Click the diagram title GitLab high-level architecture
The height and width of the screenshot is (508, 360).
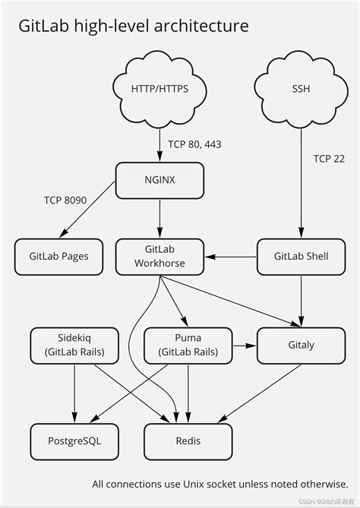pos(133,26)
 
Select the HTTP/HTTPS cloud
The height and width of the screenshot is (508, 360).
pos(159,90)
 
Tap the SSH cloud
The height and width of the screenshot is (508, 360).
pos(302,90)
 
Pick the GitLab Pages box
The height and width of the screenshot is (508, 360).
pos(59,256)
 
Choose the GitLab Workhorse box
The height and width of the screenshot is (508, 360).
pos(159,256)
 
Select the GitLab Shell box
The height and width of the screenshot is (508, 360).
pos(302,256)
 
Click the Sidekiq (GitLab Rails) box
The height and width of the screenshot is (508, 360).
pos(74,345)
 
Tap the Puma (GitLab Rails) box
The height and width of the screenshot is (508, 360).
pos(187,345)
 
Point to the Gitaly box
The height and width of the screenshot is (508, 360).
pos(302,345)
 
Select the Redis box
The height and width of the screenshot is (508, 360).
pos(187,440)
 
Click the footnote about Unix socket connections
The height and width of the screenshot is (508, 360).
pos(219,484)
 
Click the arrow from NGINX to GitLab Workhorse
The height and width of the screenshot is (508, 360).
pos(159,219)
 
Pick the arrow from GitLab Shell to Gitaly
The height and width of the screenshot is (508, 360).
pos(302,300)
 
